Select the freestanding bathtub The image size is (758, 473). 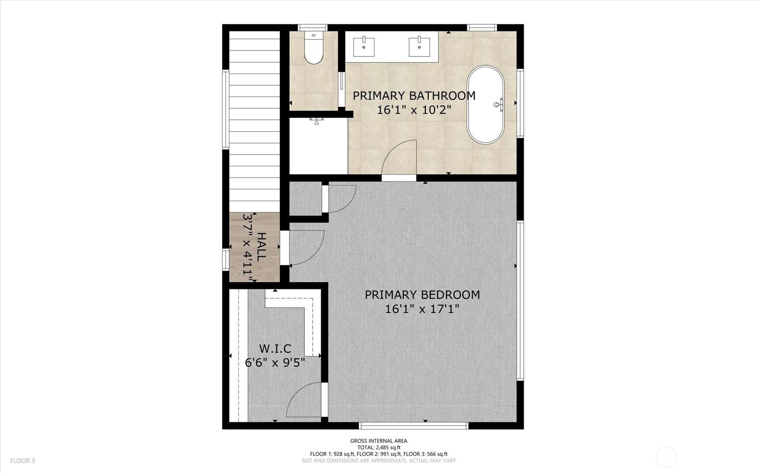click(486, 105)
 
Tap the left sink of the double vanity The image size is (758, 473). click(364, 47)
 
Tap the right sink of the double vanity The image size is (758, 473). click(419, 47)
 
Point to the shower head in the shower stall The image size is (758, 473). click(317, 121)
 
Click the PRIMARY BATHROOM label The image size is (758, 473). click(414, 96)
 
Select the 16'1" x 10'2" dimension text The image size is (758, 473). click(414, 110)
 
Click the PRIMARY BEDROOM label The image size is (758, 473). click(422, 295)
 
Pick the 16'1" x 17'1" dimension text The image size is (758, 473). click(422, 309)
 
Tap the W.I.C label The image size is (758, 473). click(275, 348)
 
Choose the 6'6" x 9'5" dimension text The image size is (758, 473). click(275, 362)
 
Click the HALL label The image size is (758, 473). click(261, 246)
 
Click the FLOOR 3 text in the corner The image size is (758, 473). click(22, 461)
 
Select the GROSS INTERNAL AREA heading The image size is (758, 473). click(379, 441)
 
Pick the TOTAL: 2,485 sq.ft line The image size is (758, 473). click(379, 447)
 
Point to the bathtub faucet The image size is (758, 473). click(499, 105)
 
